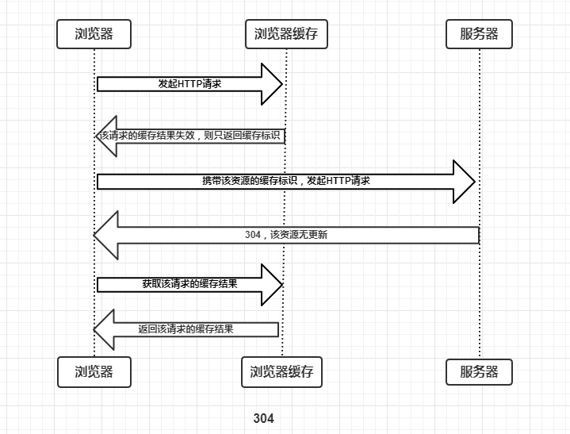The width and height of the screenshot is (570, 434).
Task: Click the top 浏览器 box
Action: (x=94, y=34)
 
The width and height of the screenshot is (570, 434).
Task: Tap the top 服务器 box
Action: (x=480, y=34)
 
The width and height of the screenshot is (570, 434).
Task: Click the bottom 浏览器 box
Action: (x=94, y=371)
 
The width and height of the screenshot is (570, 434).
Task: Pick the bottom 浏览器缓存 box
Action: (x=281, y=371)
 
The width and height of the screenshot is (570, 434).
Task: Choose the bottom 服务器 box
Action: (x=480, y=371)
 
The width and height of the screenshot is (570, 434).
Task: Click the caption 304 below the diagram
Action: (x=264, y=418)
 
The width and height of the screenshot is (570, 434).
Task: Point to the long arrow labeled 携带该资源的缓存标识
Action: (x=285, y=181)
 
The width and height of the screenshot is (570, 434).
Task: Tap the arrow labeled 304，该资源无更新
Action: (x=286, y=235)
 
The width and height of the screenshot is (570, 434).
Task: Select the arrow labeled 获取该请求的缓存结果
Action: (x=189, y=284)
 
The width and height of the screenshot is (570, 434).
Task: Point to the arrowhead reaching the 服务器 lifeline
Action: (x=463, y=182)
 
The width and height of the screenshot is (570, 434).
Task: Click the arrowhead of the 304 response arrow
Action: (x=106, y=235)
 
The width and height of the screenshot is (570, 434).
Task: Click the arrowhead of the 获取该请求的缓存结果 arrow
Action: (x=272, y=284)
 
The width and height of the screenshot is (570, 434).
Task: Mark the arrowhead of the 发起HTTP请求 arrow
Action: (x=272, y=84)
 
